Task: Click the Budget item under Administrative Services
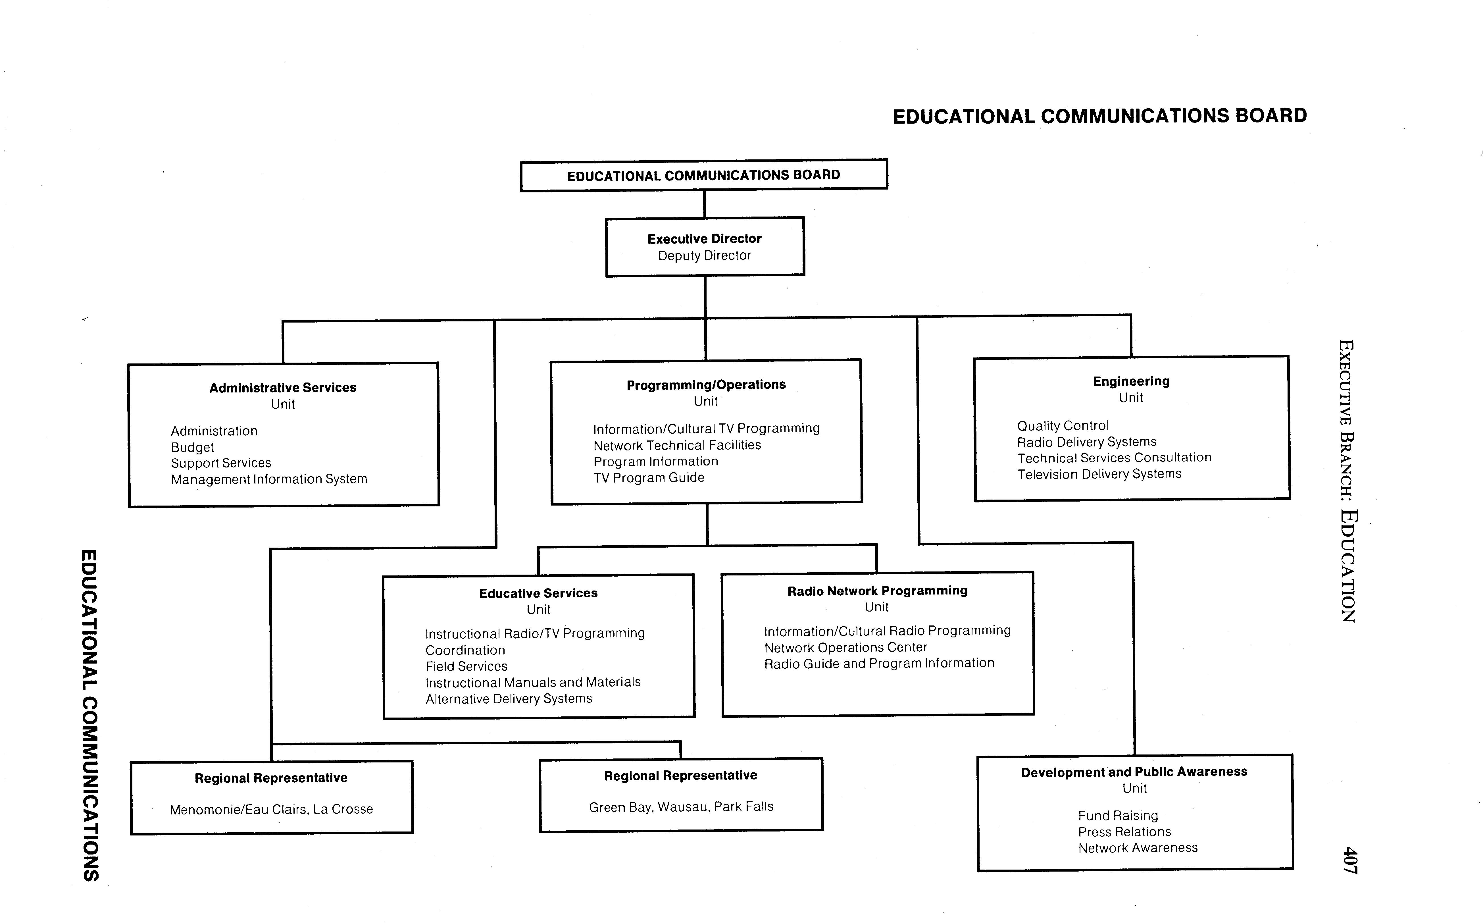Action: [192, 448]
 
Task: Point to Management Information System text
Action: [269, 479]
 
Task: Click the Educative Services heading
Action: [538, 593]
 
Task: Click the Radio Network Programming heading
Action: [877, 591]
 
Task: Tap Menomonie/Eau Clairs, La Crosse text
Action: [271, 809]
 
